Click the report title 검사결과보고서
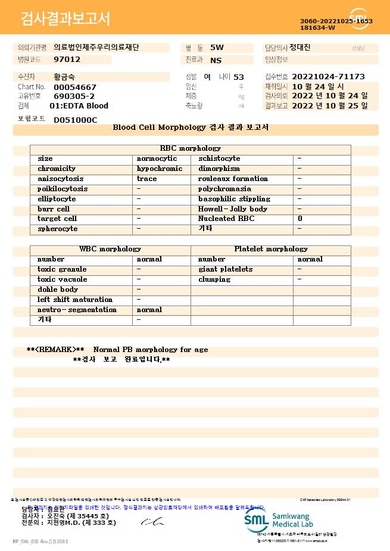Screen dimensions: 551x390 tap(65, 19)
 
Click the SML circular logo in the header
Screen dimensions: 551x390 tap(359, 18)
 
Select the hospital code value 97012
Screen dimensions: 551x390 tap(67, 60)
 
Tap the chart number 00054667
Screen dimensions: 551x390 tap(74, 87)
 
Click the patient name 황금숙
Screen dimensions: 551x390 tap(64, 77)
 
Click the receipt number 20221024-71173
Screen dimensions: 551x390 tap(328, 77)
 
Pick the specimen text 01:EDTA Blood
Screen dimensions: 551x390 tap(79, 106)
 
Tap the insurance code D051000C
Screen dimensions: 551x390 tap(75, 120)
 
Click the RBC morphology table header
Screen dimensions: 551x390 tap(191, 148)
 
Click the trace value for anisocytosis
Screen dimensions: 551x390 tap(147, 179)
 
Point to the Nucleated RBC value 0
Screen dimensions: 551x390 tap(300, 219)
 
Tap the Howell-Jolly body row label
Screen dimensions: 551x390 tap(233, 209)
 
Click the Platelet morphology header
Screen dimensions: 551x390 tap(271, 249)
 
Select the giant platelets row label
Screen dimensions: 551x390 tap(225, 269)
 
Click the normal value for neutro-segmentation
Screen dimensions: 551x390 tap(149, 310)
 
